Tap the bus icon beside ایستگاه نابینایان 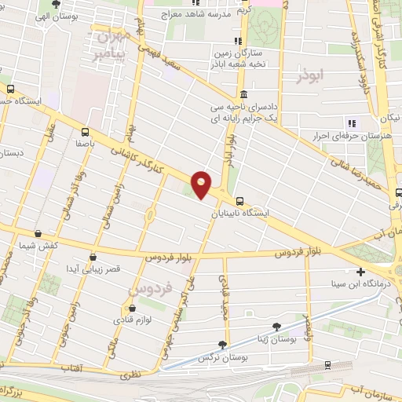click(240, 200)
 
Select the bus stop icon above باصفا click(84, 133)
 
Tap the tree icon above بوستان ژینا click(276, 325)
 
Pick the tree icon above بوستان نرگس click(223, 344)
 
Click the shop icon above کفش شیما click(38, 233)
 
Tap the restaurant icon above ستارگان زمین click(237, 42)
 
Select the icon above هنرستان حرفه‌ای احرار click(352, 122)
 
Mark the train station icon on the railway click(326, 366)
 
